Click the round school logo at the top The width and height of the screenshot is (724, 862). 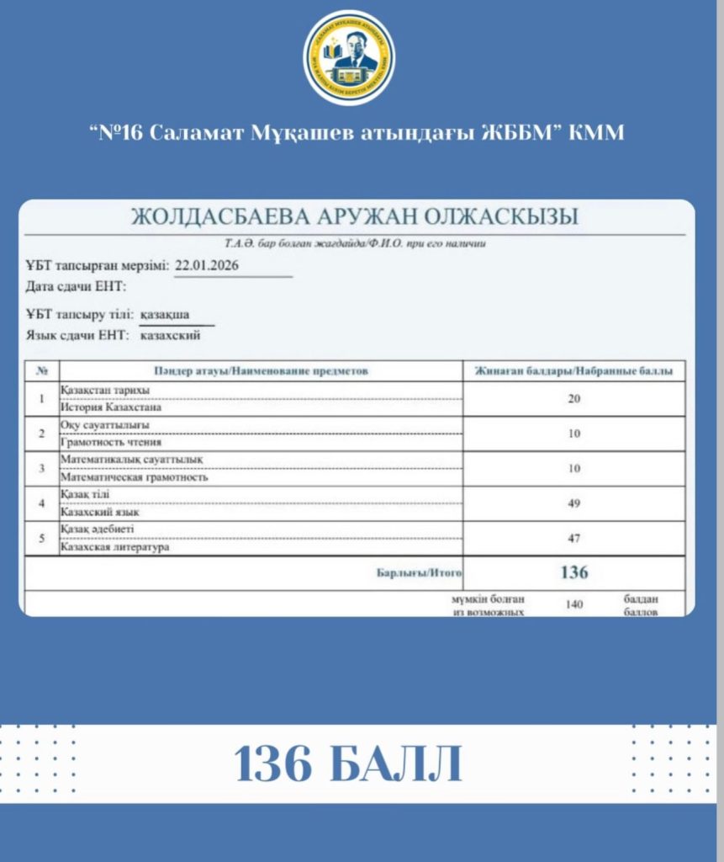pos(351,57)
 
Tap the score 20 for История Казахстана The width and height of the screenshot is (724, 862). pos(574,399)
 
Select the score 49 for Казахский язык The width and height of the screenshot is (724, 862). pos(574,503)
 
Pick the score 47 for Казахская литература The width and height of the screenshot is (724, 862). pos(574,539)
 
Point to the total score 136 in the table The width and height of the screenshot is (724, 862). pos(574,573)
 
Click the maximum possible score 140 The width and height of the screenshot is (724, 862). pos(574,604)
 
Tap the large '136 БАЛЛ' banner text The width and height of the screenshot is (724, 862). pos(347,764)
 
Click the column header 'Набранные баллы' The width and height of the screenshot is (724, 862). pos(623,370)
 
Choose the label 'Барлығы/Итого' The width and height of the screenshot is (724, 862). pos(419,573)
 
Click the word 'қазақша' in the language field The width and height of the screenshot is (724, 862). pos(165,315)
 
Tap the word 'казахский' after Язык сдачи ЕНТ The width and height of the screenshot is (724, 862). pos(170,336)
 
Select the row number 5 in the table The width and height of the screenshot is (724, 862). pos(41,539)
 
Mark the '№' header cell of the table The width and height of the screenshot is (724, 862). pos(41,370)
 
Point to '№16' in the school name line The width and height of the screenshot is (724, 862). pos(119,133)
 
